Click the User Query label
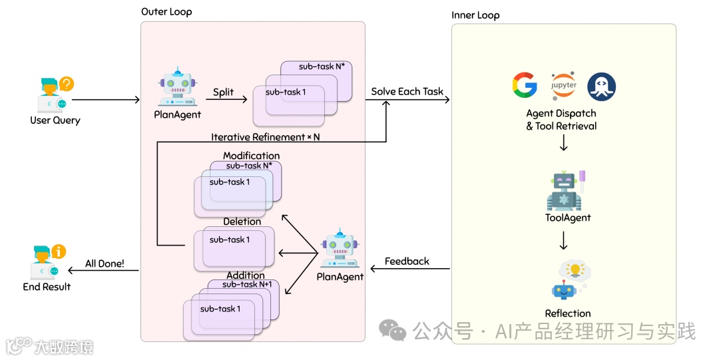coord(55,120)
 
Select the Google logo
coord(525,87)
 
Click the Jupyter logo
coord(563,87)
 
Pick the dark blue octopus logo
coord(601,87)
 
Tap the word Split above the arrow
coord(223,92)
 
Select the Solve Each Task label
coord(407,91)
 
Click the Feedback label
coord(407,262)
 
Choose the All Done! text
coord(105,264)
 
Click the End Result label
coord(47,287)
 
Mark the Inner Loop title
coord(475,15)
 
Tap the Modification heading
coord(251,156)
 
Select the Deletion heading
coord(242,221)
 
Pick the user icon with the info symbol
coord(48,262)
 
